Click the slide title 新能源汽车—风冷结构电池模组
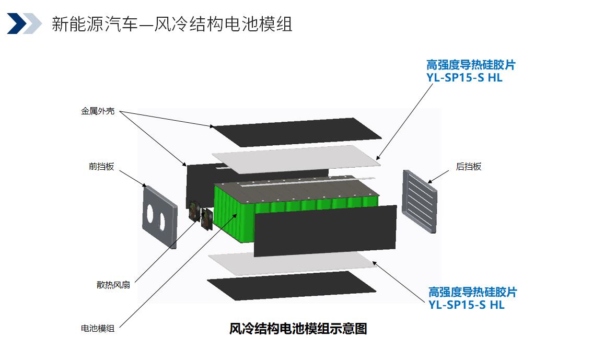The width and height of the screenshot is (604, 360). tap(172, 24)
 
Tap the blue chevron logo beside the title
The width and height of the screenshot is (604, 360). tap(24, 24)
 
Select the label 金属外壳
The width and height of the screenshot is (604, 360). tap(98, 111)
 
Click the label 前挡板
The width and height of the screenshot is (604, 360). tap(101, 167)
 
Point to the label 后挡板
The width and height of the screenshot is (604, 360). tap(469, 167)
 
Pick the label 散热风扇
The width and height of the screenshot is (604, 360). tap(113, 285)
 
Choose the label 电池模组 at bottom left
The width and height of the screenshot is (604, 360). tap(98, 328)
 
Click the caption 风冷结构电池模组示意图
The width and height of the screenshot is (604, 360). tap(298, 329)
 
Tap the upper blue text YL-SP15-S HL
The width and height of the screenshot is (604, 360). tap(464, 78)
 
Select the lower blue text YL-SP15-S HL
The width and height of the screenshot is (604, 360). tap(467, 305)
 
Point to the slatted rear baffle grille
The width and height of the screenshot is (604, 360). tap(420, 201)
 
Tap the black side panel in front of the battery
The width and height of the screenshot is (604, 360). tap(325, 229)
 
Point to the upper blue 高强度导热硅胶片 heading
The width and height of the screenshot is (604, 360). tap(471, 65)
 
